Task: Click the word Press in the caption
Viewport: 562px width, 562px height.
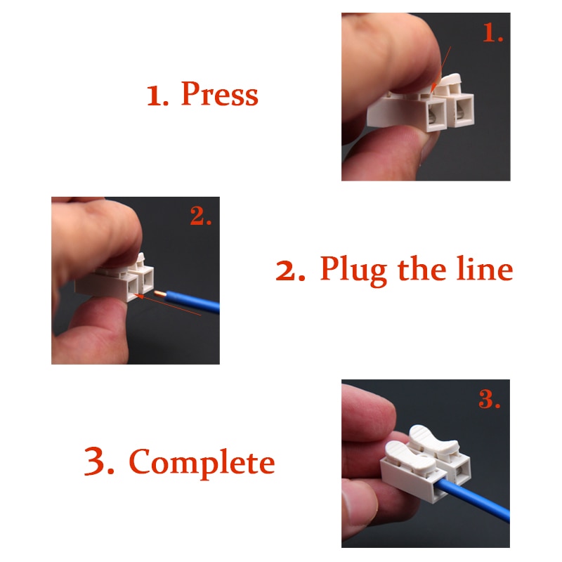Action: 219,94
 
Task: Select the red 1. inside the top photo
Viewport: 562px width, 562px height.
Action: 492,34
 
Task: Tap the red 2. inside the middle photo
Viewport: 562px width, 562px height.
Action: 201,217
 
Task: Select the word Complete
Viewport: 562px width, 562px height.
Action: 202,462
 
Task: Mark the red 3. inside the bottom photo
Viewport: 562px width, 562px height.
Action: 489,400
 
